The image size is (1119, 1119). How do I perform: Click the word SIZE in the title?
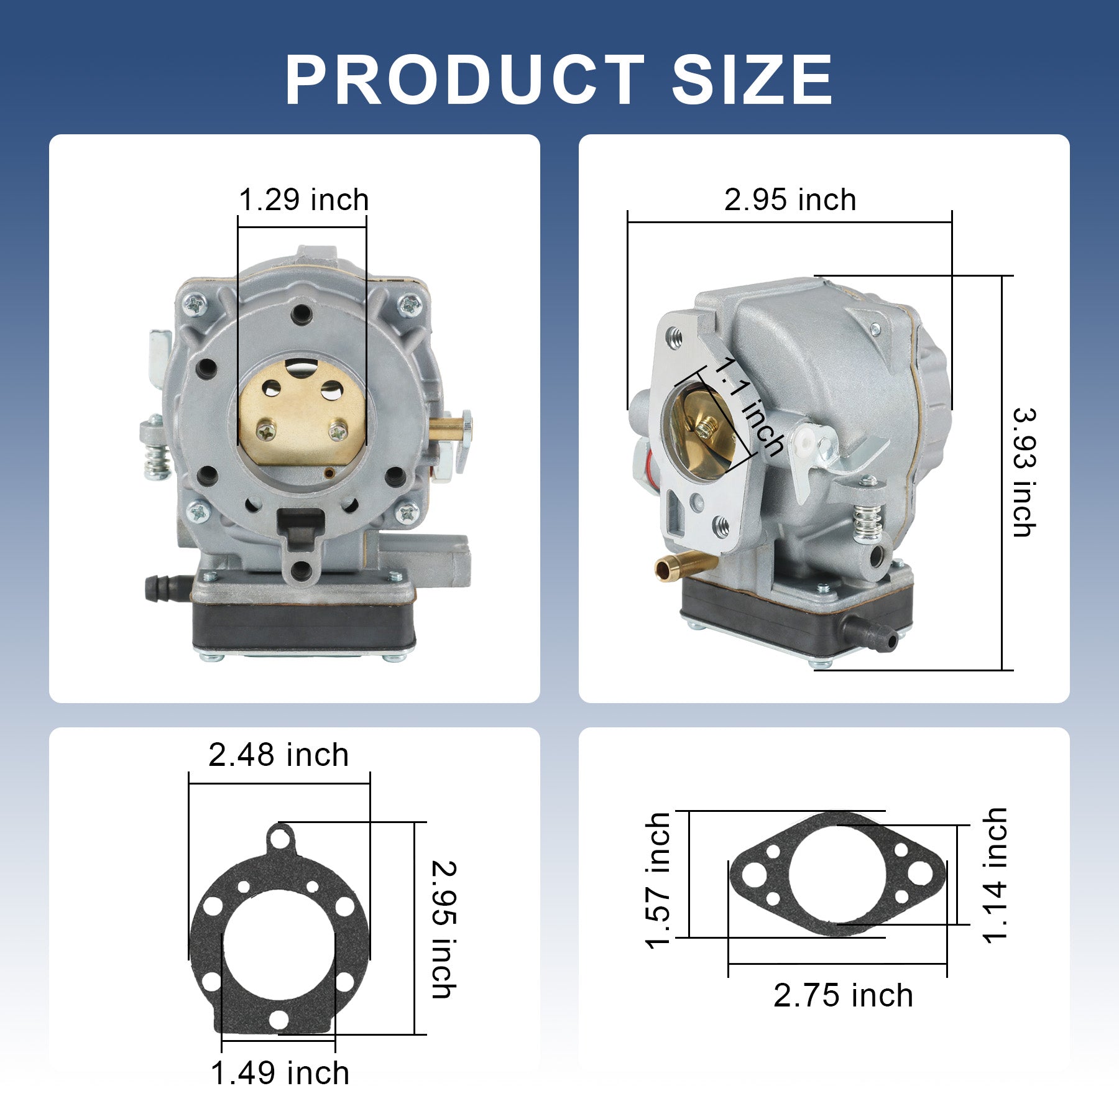(x=752, y=80)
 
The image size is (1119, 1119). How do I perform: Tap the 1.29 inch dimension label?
(x=304, y=200)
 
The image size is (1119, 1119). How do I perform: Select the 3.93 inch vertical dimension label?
(x=1024, y=472)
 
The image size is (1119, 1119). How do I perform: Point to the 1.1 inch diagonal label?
(x=748, y=407)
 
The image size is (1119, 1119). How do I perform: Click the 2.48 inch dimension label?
(x=279, y=755)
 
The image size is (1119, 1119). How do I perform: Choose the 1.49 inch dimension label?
(x=280, y=1073)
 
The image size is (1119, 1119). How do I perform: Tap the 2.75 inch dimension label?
(x=843, y=995)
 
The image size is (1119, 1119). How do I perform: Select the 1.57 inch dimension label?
(x=658, y=881)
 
